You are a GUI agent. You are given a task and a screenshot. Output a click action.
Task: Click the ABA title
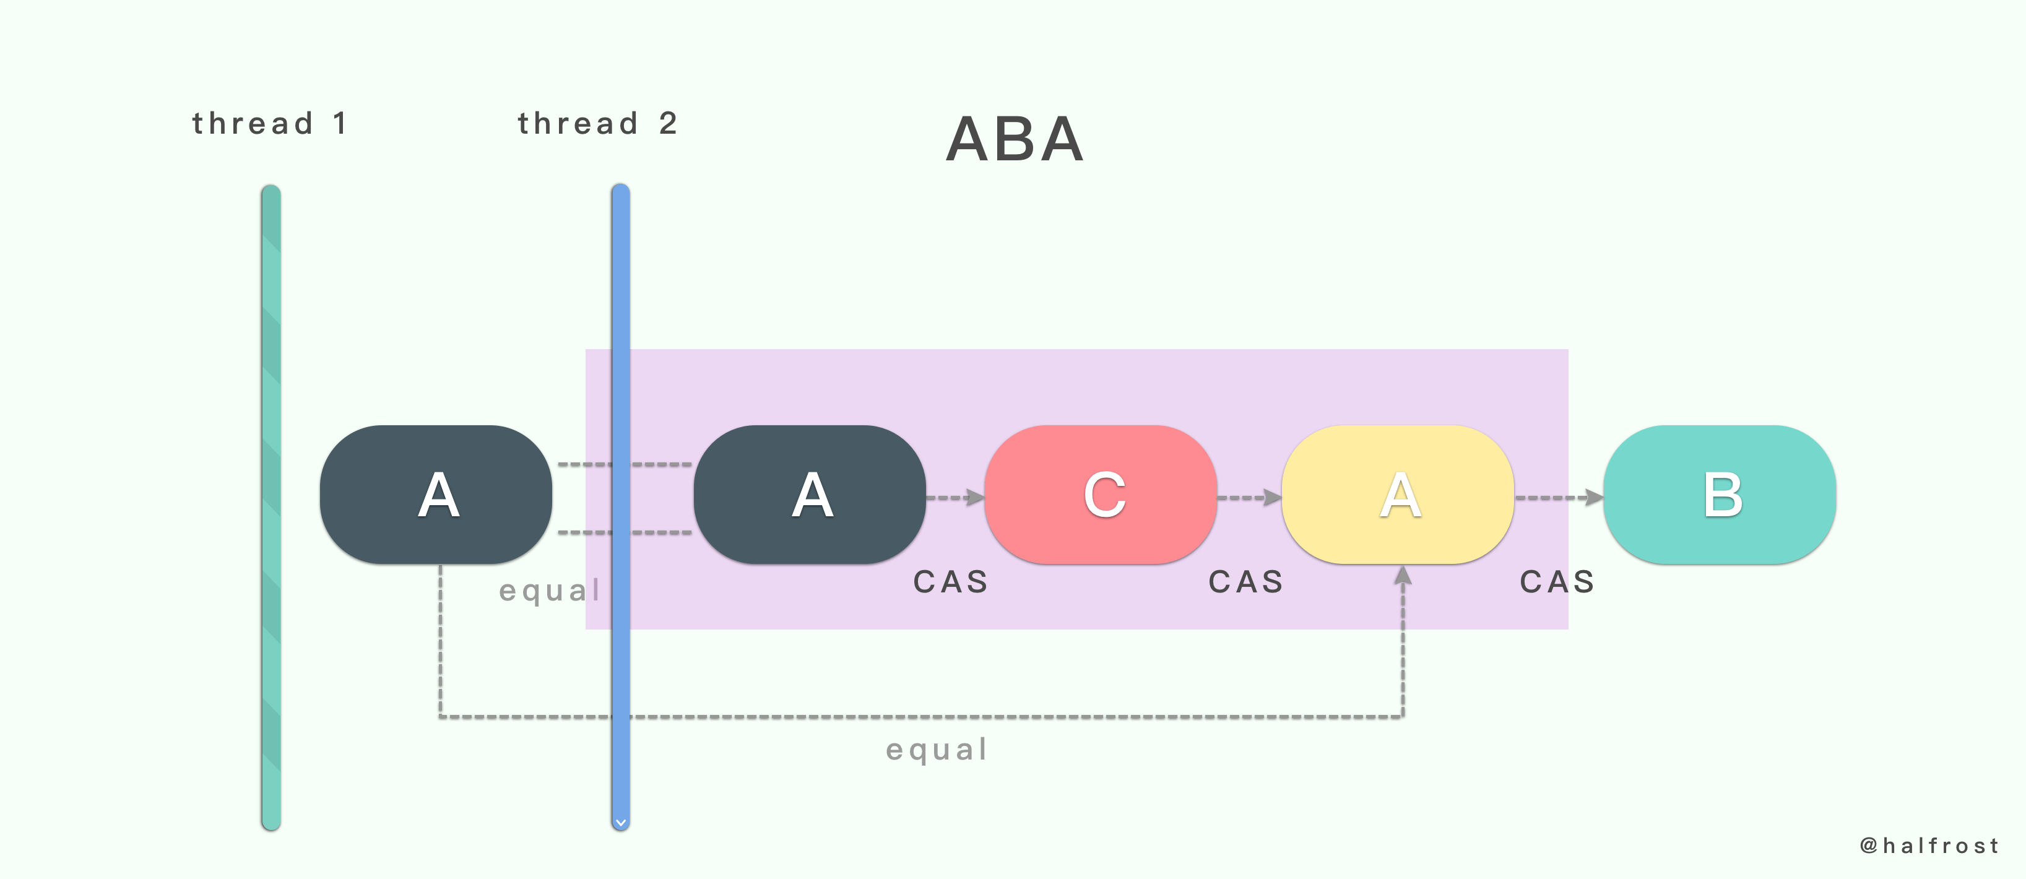pos(1015,140)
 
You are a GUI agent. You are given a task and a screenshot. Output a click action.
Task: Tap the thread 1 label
pos(269,123)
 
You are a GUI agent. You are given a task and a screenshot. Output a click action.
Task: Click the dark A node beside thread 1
pos(436,495)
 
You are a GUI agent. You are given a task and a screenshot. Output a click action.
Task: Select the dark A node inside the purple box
pos(810,495)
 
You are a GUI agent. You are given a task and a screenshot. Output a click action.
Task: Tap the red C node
pos(1101,495)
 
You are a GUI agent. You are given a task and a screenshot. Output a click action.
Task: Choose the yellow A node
pos(1398,495)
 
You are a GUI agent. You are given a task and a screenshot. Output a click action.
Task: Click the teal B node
pos(1720,495)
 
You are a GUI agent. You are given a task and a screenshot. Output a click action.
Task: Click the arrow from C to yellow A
pos(1250,497)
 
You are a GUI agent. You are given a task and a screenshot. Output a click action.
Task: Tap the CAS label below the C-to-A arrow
pos(1246,582)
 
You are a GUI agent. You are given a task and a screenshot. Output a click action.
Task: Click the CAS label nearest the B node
pos(1557,582)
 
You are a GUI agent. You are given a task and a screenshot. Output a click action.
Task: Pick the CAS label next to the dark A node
pos(950,582)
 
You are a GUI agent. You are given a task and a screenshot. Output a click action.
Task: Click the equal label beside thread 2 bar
pos(550,591)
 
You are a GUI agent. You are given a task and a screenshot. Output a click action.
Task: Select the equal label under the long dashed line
pos(937,749)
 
